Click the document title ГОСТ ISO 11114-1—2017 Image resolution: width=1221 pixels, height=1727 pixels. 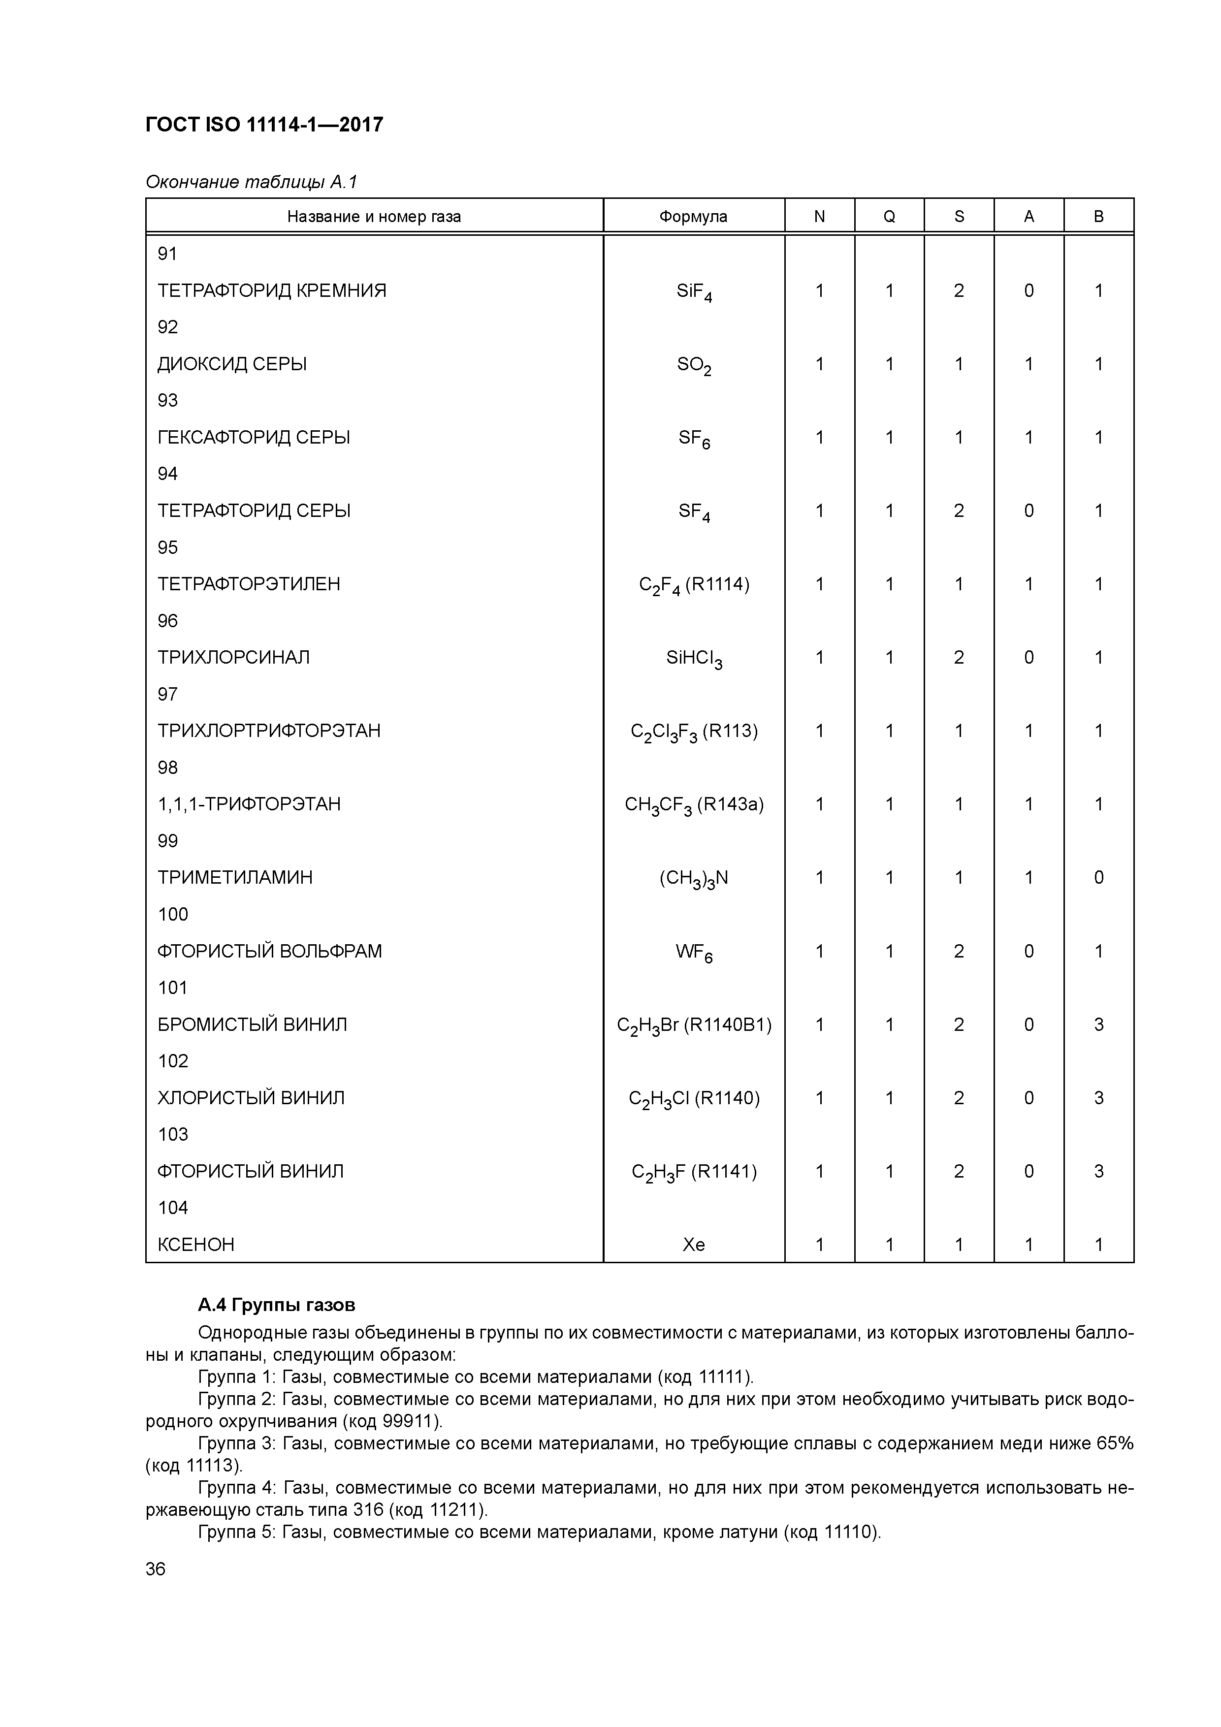click(x=264, y=124)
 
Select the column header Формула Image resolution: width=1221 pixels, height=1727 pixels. click(x=693, y=217)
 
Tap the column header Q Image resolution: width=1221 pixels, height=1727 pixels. click(x=889, y=217)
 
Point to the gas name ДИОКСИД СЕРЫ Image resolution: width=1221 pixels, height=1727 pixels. click(x=232, y=364)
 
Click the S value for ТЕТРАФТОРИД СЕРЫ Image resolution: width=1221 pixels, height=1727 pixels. click(x=959, y=511)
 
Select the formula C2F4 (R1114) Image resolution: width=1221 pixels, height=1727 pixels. click(x=694, y=584)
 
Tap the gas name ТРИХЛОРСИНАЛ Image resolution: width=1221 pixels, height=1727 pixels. click(x=233, y=657)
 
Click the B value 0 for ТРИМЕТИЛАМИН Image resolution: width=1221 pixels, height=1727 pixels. click(x=1098, y=877)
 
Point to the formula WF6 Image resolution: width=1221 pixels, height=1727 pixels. click(x=694, y=952)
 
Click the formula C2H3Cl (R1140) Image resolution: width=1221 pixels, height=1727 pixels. click(x=694, y=1098)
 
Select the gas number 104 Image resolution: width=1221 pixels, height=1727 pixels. click(x=172, y=1208)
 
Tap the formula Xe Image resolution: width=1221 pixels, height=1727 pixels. click(x=694, y=1245)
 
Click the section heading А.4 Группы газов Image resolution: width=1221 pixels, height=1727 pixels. click(x=276, y=1305)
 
